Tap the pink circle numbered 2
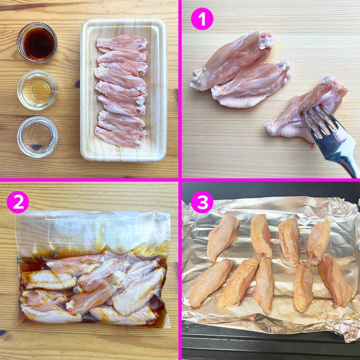pyautogui.click(x=17, y=202)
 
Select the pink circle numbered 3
pyautogui.click(x=202, y=202)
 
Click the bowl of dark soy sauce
pyautogui.click(x=37, y=42)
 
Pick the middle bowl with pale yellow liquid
pyautogui.click(x=37, y=90)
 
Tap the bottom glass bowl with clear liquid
pyautogui.click(x=37, y=136)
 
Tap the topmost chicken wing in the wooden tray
pyautogui.click(x=122, y=42)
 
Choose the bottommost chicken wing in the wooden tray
pyautogui.click(x=119, y=139)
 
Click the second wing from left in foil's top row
pyautogui.click(x=261, y=236)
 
